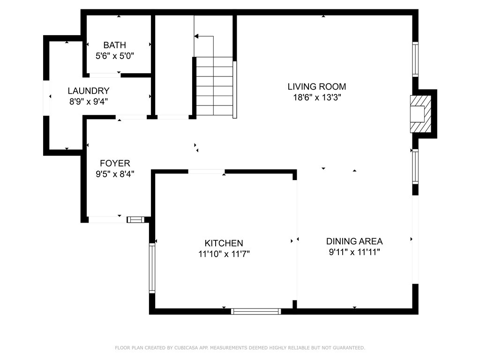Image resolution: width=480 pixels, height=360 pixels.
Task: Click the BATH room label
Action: tap(114, 45)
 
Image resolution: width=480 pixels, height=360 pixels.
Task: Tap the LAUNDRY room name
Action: tap(89, 91)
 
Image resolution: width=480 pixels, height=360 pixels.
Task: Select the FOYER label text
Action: tap(115, 163)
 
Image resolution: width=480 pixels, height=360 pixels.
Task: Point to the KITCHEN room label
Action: tap(224, 243)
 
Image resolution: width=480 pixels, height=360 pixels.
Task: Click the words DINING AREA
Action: tap(354, 241)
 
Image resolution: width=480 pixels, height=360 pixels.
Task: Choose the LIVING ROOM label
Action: tap(317, 87)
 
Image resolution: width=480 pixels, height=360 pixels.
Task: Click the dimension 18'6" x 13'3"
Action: tap(317, 97)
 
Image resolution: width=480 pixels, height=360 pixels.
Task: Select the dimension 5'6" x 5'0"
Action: tap(115, 56)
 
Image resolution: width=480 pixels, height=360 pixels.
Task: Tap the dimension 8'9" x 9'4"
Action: tap(89, 101)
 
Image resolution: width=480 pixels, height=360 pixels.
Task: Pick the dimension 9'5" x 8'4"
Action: tap(115, 174)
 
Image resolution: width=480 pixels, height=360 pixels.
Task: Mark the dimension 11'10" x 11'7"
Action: tap(224, 254)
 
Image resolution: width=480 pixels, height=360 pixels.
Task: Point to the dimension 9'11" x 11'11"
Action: tap(354, 252)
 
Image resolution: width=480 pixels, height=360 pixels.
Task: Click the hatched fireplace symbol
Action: tap(420, 114)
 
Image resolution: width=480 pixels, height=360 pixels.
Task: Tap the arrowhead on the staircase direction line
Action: tap(196, 37)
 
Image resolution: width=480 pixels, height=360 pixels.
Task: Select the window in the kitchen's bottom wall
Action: tap(256, 311)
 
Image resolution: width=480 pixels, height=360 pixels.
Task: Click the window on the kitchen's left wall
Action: tap(152, 268)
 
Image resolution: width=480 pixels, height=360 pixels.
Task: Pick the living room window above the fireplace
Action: tap(415, 60)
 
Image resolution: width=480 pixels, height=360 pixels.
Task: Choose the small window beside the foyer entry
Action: tap(135, 219)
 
